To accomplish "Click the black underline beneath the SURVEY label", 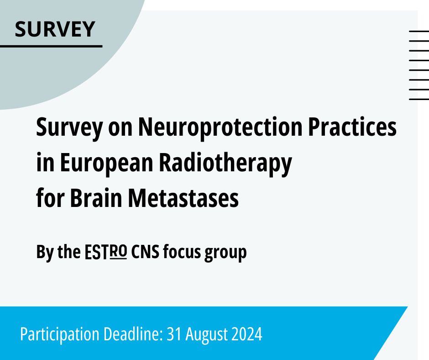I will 51,46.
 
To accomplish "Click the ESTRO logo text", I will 106,252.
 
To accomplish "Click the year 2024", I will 246,334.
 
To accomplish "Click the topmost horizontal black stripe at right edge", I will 419,31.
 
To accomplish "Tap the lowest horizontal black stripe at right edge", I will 419,99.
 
